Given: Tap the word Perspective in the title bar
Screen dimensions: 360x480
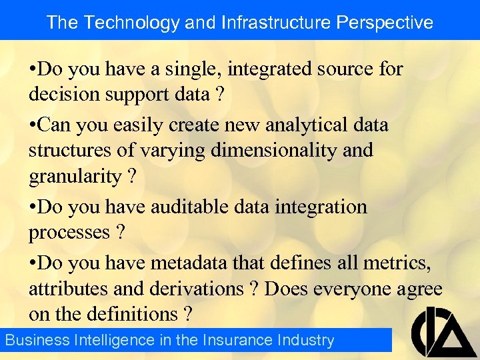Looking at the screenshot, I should [385, 22].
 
